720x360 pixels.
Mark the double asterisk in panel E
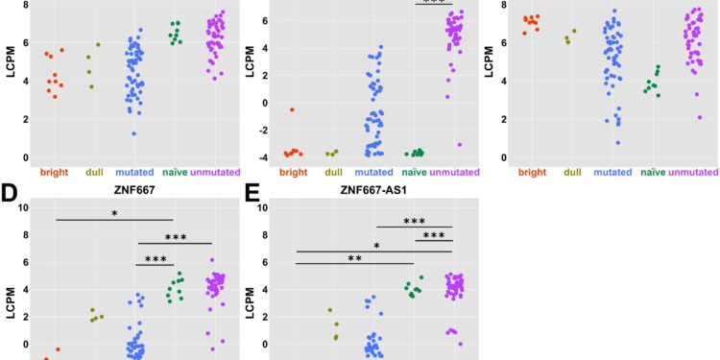pos(355,258)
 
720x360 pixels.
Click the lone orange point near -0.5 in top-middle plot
pos(292,109)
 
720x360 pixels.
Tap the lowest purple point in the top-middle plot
pos(460,145)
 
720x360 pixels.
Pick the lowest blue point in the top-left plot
pos(133,133)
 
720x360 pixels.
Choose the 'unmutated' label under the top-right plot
pos(691,173)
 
